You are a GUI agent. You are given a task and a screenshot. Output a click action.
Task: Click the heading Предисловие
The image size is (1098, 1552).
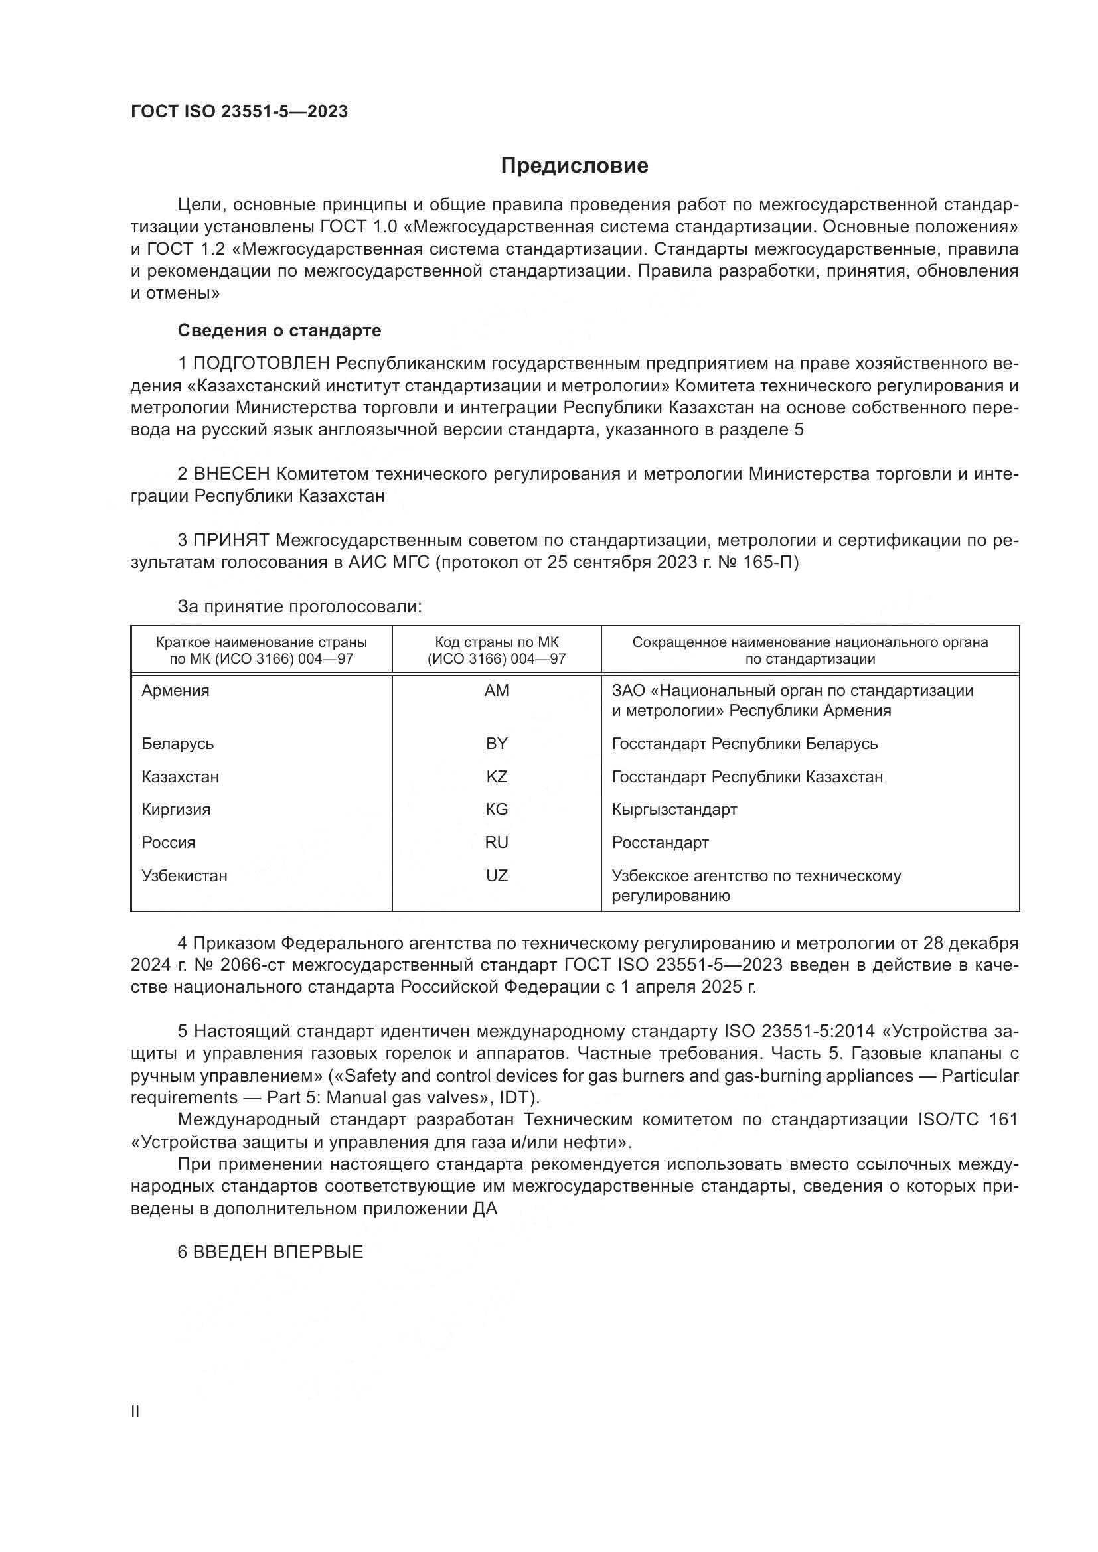click(x=574, y=166)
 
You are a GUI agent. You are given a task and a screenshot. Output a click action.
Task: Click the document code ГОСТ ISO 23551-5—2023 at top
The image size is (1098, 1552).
click(x=240, y=111)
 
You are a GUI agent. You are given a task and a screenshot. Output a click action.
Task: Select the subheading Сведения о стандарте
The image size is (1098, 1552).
click(x=279, y=330)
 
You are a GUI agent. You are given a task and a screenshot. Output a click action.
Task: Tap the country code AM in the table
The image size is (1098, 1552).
click(x=497, y=691)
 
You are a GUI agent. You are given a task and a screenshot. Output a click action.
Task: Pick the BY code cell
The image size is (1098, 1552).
click(x=497, y=744)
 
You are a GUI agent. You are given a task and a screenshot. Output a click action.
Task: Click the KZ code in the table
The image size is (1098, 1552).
click(x=497, y=777)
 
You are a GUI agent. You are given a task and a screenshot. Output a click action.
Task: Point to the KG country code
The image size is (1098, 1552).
click(x=497, y=809)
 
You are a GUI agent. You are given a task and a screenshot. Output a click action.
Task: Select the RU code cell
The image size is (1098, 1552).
click(x=497, y=842)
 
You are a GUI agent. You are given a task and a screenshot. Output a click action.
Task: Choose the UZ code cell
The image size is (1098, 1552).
click(x=497, y=875)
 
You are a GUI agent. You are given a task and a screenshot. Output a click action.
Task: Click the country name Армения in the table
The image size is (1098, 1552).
click(x=176, y=691)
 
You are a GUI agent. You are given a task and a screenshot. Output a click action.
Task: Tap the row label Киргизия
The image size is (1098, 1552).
click(x=176, y=809)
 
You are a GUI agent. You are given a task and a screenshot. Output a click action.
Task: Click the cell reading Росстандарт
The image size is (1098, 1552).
click(x=660, y=842)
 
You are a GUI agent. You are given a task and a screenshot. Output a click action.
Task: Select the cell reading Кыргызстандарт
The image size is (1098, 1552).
click(x=674, y=809)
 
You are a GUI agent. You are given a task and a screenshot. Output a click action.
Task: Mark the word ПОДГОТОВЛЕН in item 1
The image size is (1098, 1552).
click(x=262, y=364)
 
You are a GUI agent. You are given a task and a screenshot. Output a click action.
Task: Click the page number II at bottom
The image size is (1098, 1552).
click(x=135, y=1411)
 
